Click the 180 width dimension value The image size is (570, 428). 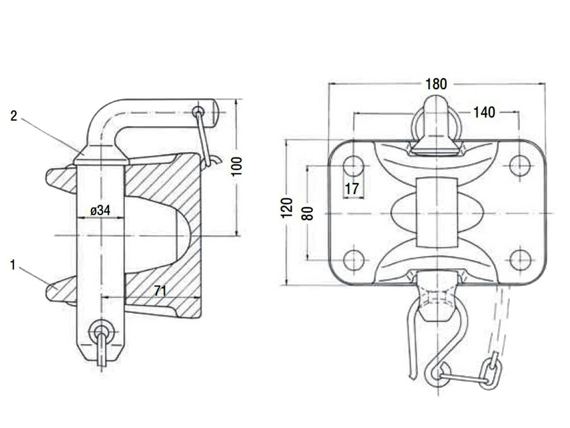(x=436, y=84)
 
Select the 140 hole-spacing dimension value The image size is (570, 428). (x=484, y=112)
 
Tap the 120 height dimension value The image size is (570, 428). (x=287, y=208)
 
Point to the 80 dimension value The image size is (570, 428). (x=308, y=213)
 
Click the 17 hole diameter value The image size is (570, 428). (x=352, y=189)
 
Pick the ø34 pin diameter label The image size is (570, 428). (x=100, y=211)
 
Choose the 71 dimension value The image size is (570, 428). (x=160, y=291)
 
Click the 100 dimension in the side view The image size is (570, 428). (x=237, y=166)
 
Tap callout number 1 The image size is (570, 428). (x=13, y=265)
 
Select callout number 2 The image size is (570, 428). (x=14, y=116)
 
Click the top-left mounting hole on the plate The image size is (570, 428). (x=354, y=165)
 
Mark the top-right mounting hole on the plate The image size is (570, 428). (x=520, y=165)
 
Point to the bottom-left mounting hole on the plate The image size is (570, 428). (x=354, y=260)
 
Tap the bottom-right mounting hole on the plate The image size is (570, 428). (x=520, y=260)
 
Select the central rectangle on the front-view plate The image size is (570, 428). (x=436, y=212)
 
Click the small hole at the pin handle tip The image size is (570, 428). (x=198, y=111)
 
